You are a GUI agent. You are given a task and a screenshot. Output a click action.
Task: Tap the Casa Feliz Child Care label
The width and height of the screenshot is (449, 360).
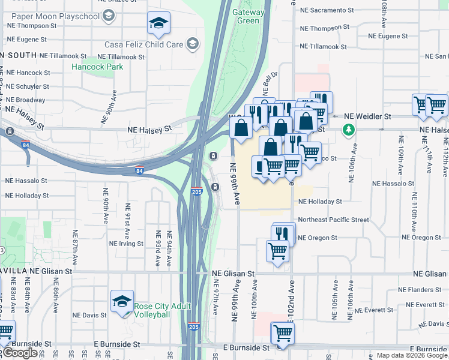143,44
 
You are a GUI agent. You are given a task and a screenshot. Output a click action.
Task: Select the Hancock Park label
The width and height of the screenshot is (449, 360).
97,67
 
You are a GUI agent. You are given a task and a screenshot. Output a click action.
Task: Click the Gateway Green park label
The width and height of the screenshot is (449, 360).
249,16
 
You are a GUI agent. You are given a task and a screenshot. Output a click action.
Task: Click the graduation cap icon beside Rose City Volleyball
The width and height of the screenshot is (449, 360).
122,302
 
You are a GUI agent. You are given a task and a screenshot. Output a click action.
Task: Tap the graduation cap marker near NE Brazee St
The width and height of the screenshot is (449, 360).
159,23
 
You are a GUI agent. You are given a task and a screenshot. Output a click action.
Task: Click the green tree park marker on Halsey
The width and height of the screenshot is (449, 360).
348,129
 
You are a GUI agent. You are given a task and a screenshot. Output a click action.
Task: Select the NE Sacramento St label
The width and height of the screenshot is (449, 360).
331,10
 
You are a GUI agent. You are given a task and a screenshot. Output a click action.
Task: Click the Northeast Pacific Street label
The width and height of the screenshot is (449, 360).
333,220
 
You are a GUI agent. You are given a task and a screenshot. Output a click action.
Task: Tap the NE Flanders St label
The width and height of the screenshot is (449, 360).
420,290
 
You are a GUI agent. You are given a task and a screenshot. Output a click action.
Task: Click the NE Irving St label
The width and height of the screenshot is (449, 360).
127,244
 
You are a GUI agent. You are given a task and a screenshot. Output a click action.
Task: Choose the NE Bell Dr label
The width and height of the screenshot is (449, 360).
271,80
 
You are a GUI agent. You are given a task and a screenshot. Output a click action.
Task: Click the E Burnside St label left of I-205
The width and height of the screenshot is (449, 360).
117,345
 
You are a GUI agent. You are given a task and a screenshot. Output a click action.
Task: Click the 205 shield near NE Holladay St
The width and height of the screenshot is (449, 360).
196,191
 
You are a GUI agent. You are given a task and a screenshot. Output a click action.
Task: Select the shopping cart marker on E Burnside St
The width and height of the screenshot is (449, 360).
283,333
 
